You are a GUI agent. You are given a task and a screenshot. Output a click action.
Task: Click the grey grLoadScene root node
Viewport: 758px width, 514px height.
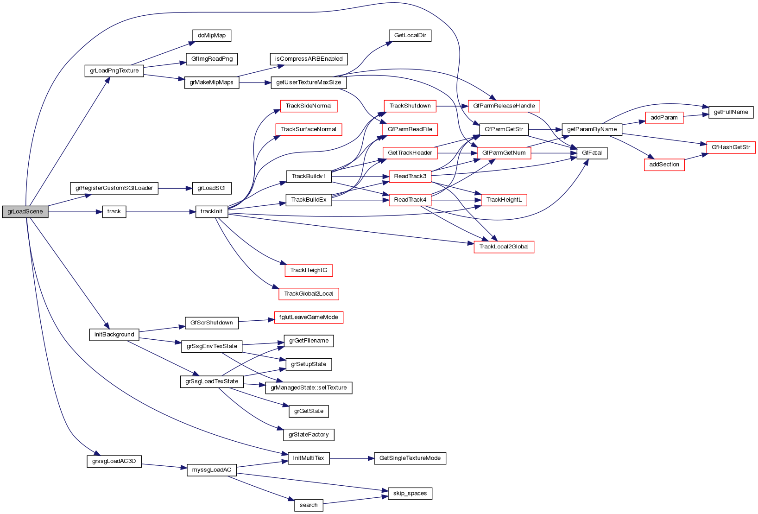(25, 212)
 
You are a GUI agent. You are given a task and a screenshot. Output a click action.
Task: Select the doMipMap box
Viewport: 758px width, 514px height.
(211, 36)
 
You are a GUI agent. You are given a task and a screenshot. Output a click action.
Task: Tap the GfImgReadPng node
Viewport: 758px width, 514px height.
(212, 59)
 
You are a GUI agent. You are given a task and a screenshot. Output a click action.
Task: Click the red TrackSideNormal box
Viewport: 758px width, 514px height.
(309, 106)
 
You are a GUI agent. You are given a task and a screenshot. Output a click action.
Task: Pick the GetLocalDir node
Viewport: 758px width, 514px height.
(410, 36)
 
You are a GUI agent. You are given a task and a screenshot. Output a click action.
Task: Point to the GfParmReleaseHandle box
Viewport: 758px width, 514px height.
(504, 106)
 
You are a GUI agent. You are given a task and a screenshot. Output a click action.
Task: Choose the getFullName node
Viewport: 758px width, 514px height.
(731, 112)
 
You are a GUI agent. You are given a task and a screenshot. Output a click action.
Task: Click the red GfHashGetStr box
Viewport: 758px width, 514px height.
(731, 147)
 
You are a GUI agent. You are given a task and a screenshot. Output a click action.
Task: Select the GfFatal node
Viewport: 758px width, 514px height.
(592, 153)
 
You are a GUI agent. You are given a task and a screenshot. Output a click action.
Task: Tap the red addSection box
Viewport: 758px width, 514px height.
(664, 165)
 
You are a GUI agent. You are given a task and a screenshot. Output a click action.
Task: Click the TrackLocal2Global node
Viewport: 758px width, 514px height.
(504, 247)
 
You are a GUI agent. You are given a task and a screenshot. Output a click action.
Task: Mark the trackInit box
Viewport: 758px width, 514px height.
(211, 212)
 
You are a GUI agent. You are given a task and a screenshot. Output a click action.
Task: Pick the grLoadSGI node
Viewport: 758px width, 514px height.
(211, 189)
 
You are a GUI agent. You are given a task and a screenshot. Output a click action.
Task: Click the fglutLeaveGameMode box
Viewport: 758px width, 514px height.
(309, 317)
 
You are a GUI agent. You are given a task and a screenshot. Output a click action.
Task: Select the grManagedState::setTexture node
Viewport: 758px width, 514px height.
(309, 388)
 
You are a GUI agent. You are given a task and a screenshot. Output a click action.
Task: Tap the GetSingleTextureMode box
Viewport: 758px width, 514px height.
(410, 458)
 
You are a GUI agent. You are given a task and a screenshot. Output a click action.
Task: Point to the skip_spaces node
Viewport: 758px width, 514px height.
(410, 494)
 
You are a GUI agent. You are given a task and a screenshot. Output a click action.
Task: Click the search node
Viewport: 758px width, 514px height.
(309, 505)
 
